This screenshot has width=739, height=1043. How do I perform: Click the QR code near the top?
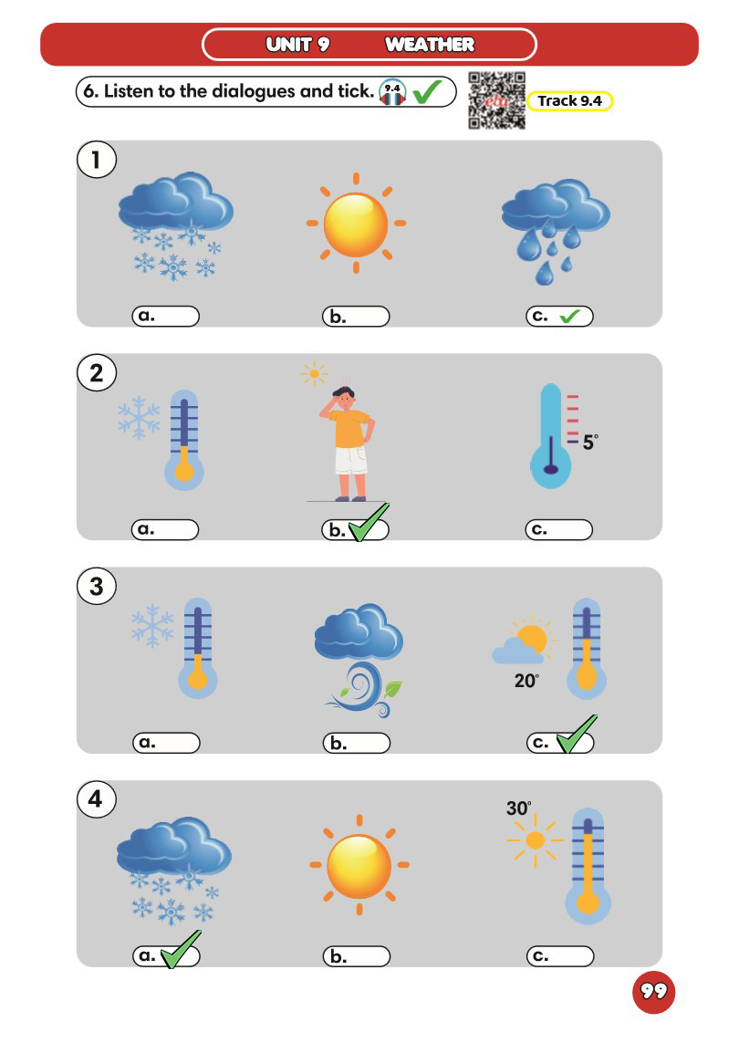[x=497, y=100]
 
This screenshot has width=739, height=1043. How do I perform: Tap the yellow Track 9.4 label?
[x=570, y=101]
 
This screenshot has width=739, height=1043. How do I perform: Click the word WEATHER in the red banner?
[x=430, y=45]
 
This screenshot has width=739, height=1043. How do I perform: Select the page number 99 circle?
[x=653, y=992]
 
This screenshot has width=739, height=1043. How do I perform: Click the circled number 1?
[x=97, y=160]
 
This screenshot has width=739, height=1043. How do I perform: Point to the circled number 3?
[x=97, y=587]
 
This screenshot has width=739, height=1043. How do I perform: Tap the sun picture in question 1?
[x=356, y=224]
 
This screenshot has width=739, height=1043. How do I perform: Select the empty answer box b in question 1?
[x=356, y=317]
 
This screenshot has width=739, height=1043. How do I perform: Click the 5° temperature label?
[x=590, y=442]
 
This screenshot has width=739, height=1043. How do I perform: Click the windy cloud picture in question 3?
[x=359, y=659]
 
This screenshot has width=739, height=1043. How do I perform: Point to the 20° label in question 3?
[x=526, y=681]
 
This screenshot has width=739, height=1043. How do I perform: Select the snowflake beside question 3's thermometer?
[x=152, y=625]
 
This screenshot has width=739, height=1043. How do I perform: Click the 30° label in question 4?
[x=519, y=808]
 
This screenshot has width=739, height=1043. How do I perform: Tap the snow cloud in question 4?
[x=173, y=870]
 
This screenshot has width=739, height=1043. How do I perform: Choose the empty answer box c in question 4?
[x=560, y=956]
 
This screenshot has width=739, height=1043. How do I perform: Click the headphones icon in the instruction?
[x=392, y=92]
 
